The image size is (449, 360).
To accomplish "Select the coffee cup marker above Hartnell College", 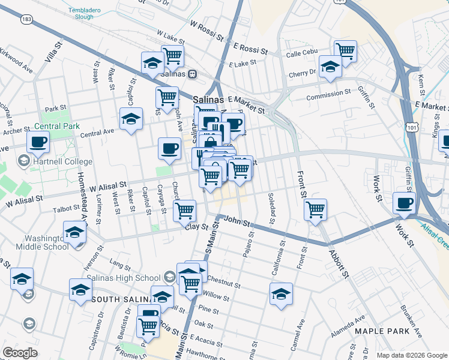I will (x=38, y=143).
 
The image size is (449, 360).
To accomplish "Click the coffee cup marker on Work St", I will (x=404, y=203).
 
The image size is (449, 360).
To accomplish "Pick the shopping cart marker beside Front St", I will (x=315, y=209).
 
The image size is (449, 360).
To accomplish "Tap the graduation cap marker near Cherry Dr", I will (x=330, y=67).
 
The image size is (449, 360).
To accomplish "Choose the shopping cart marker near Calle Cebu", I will (x=345, y=51).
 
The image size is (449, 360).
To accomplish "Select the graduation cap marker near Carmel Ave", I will (x=281, y=293).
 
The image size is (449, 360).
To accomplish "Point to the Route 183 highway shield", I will (x=26, y=19).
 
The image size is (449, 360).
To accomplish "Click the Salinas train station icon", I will (x=192, y=75).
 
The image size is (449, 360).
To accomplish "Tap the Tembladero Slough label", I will (x=85, y=14).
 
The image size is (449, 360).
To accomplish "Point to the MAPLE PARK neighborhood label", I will (x=382, y=331).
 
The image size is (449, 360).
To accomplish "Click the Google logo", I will (x=20, y=353).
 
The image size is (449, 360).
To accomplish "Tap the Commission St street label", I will (x=328, y=94).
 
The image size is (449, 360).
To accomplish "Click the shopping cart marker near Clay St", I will (x=184, y=210).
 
